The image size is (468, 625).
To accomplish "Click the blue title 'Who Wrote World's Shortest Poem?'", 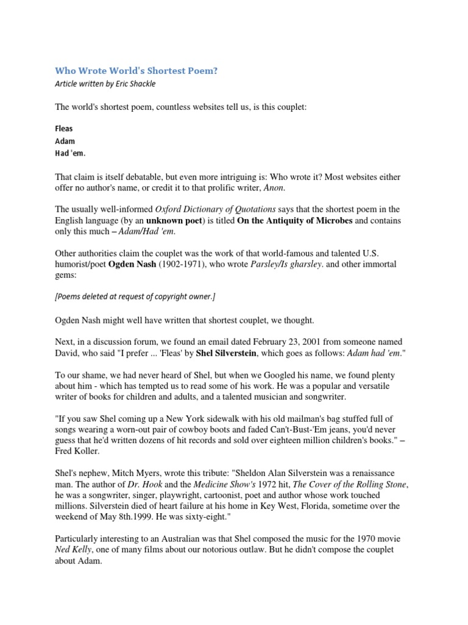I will click(x=136, y=71).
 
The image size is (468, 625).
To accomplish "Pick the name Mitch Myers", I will click(x=139, y=474).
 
